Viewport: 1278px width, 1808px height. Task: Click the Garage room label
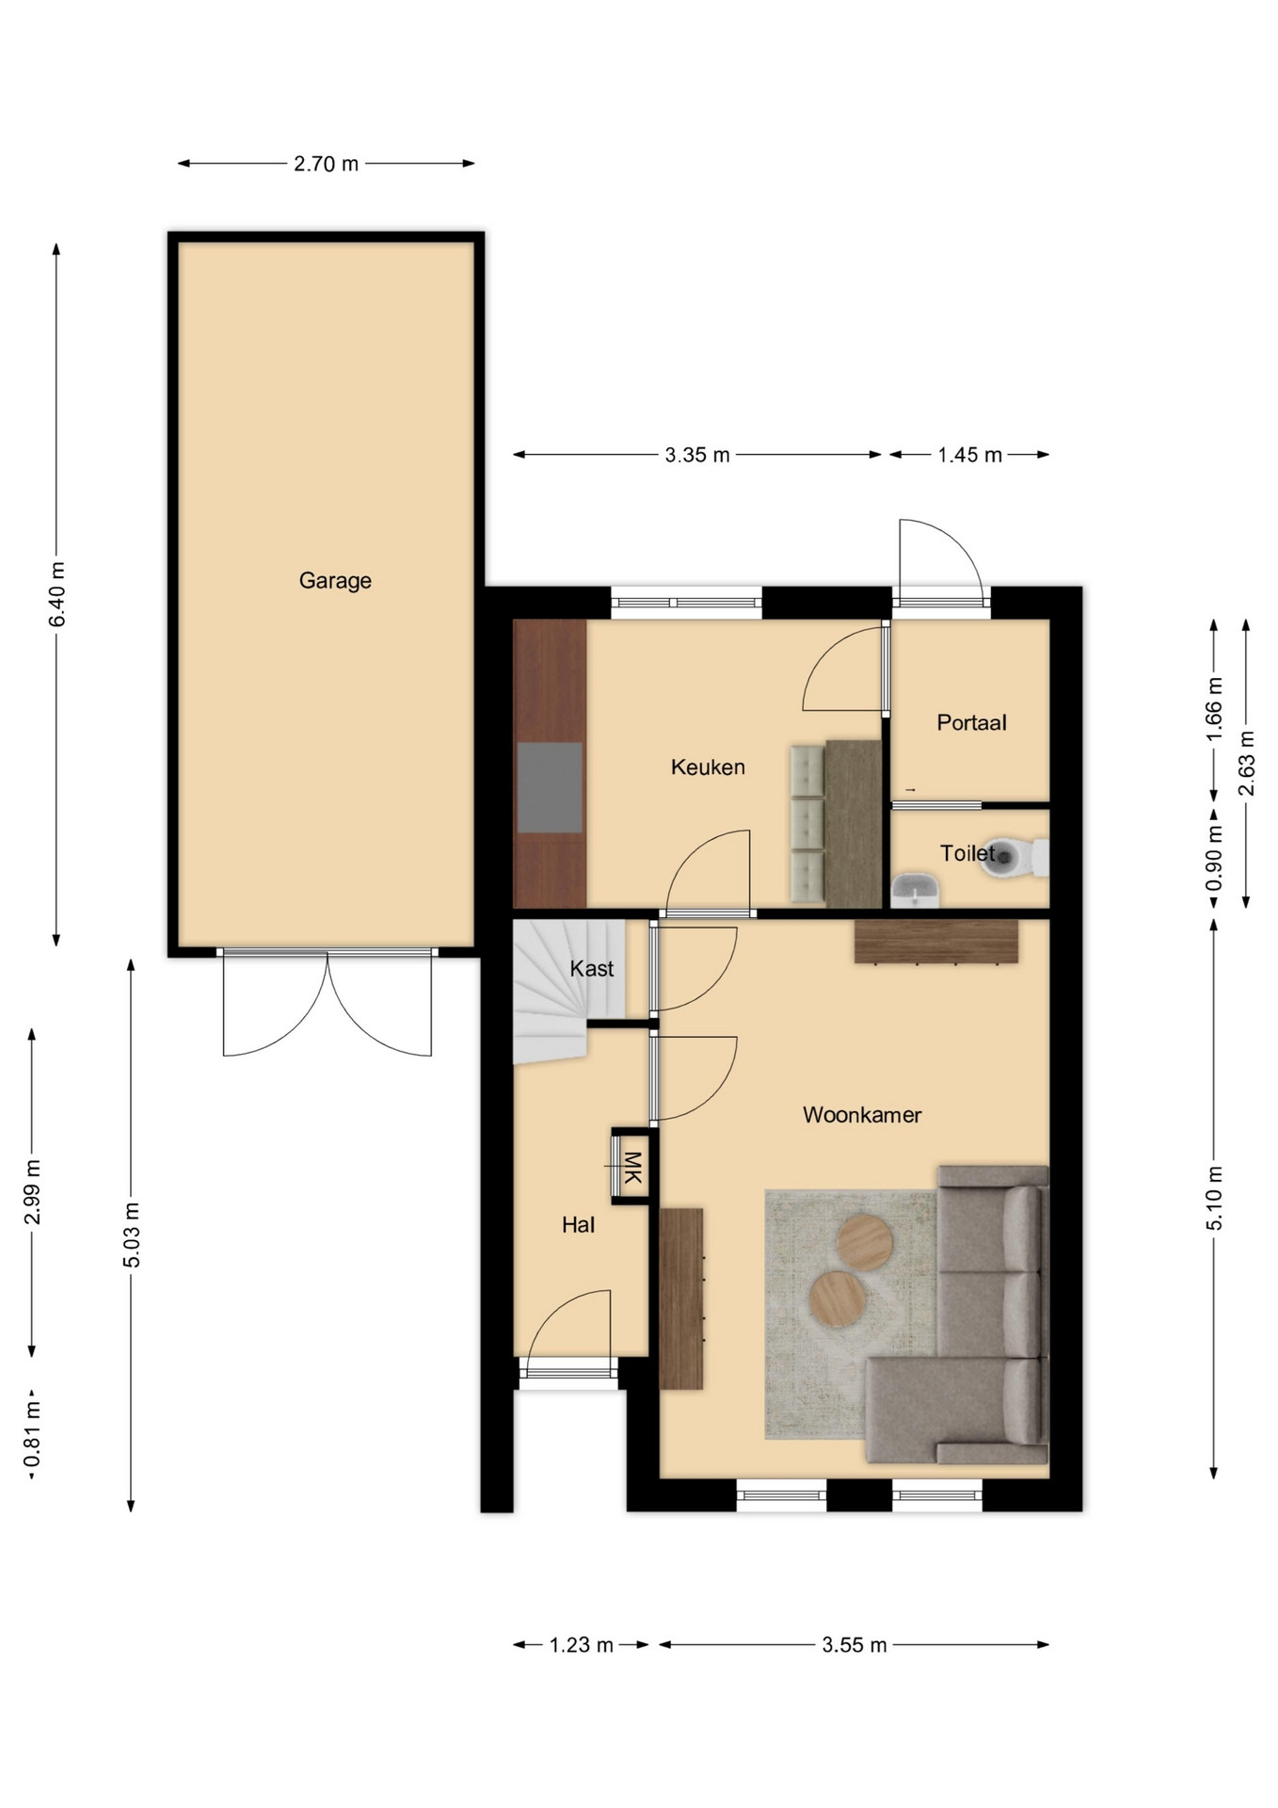[x=335, y=581]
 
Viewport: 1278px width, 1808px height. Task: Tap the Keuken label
[x=708, y=767]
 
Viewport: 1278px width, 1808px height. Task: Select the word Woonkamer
[x=862, y=1115]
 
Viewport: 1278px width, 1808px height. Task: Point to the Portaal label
[x=971, y=722]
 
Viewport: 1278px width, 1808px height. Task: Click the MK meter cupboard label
[x=632, y=1167]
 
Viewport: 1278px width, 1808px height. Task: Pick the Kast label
[x=592, y=968]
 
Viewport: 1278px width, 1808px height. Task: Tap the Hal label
[x=578, y=1225]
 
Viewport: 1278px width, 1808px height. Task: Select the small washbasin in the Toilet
[x=915, y=888]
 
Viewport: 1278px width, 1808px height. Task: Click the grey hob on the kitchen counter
[x=550, y=787]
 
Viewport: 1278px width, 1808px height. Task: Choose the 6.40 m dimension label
[x=57, y=594]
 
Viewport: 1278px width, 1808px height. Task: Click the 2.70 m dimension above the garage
[x=326, y=164]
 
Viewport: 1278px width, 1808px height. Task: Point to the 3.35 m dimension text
[x=697, y=456]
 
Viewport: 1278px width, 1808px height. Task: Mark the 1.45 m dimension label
[x=969, y=456]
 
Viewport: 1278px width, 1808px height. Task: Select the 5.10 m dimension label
[x=1214, y=1198]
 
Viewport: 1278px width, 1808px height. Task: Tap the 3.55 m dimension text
[x=855, y=1645]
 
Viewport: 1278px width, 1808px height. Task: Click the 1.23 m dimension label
[x=582, y=1645]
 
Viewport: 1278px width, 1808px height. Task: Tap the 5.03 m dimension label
[x=132, y=1235]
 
